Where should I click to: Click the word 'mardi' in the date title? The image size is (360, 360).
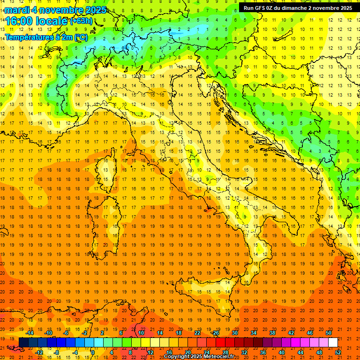coord(15,10)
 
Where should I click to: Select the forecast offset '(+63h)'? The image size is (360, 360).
coord(81,21)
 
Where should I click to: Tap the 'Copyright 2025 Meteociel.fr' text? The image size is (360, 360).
coord(199,356)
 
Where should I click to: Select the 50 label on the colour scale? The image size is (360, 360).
coord(329,333)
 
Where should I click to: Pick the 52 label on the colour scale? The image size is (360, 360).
coord(338,352)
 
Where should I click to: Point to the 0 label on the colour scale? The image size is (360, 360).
coord(93,352)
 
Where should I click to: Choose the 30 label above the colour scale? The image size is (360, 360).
coord(234,333)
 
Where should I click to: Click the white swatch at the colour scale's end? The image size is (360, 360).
coord(333,343)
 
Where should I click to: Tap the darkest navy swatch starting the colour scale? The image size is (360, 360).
coord(23,343)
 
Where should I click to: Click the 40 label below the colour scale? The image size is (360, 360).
coord(281,352)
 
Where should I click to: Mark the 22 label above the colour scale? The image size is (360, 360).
coord(197,333)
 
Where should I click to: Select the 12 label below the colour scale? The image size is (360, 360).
coord(150,352)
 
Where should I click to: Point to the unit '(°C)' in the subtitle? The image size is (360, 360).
coord(81,37)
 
